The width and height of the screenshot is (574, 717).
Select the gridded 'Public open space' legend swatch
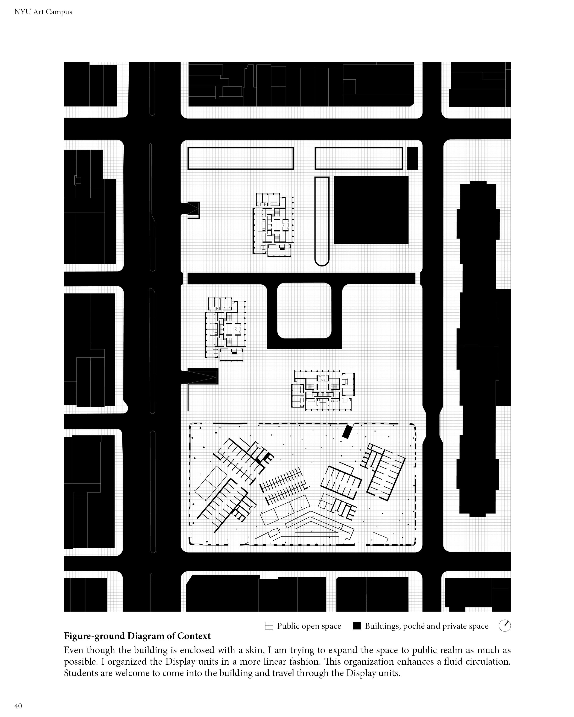point(269,626)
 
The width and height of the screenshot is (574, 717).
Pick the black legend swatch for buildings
point(357,626)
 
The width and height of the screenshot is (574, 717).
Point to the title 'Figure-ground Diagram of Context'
point(137,636)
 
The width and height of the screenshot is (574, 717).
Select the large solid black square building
point(371,210)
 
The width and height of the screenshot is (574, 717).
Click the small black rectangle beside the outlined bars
point(412,158)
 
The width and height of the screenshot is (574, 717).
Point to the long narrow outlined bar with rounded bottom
point(322,221)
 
